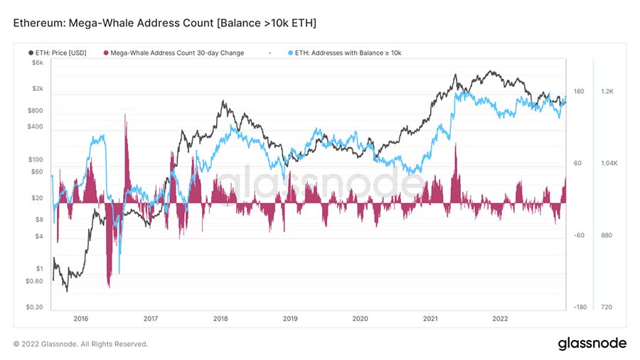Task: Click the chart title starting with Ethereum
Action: point(165,24)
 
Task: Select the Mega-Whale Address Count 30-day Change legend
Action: point(178,53)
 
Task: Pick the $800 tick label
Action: point(34,111)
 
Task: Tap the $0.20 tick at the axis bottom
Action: point(33,307)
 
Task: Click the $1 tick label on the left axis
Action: point(39,269)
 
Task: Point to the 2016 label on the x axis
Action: point(80,318)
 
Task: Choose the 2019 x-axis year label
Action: point(290,318)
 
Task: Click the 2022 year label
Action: point(499,318)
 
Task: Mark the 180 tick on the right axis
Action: point(579,92)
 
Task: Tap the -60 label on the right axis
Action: point(579,235)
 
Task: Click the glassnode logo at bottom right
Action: point(591,344)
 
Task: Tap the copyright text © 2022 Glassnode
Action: point(80,344)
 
